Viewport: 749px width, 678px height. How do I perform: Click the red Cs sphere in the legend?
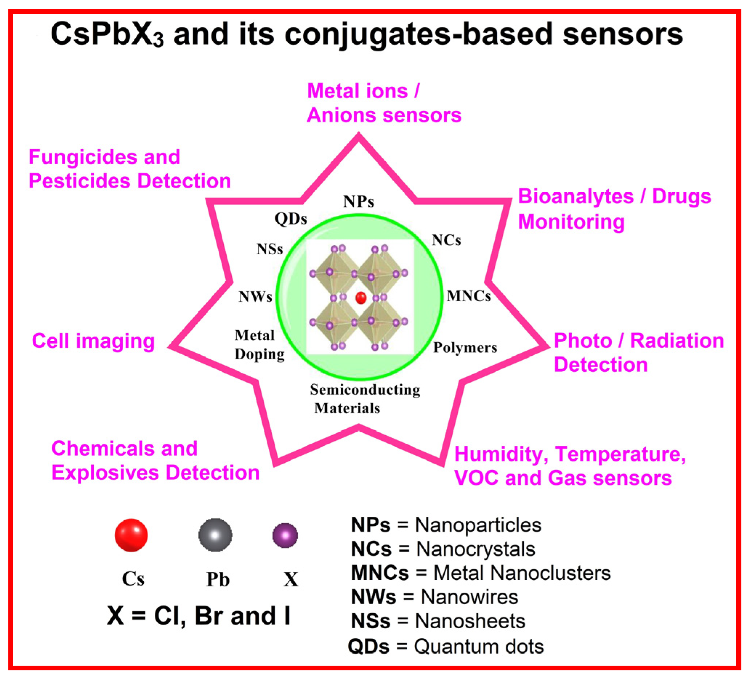[x=131, y=535]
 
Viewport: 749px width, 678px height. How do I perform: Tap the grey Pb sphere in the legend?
[x=215, y=535]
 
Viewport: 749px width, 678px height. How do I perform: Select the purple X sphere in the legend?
[x=285, y=536]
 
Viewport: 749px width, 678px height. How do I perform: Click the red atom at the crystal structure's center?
[x=361, y=298]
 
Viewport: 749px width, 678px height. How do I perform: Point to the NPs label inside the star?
[x=359, y=202]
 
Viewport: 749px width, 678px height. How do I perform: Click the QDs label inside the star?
[x=291, y=219]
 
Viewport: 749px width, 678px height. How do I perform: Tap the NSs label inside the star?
[x=270, y=249]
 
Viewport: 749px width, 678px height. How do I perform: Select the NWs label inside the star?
[x=255, y=296]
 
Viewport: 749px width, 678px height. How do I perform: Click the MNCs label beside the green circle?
[x=469, y=296]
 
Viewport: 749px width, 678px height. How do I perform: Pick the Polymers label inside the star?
[x=465, y=348]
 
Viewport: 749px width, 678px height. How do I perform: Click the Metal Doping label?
[x=259, y=345]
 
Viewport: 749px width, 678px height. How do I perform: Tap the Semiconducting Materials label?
[x=365, y=399]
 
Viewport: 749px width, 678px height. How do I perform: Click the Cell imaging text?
[x=93, y=341]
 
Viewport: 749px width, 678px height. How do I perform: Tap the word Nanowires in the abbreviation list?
[x=469, y=597]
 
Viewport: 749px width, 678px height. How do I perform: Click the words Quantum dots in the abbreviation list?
[x=479, y=646]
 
